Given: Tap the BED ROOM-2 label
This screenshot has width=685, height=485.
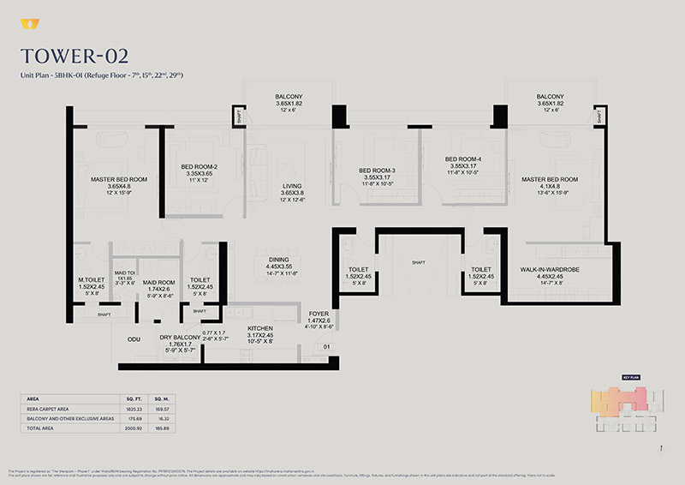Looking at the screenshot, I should click(200, 167).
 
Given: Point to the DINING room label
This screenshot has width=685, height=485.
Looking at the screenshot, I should click(278, 260).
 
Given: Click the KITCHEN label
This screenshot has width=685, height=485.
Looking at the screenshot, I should click(260, 328).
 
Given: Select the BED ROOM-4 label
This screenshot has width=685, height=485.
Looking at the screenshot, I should click(463, 159).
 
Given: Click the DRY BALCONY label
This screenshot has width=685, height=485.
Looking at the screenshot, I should click(180, 338).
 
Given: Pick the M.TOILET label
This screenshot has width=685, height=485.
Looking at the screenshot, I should click(92, 278).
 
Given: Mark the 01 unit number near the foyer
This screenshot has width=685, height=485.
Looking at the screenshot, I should click(325, 347).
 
